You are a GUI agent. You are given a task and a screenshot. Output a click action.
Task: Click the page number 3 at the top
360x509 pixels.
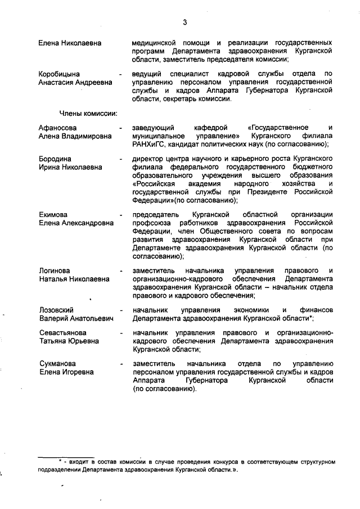(184, 22)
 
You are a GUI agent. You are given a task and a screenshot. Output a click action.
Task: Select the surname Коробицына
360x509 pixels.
(59, 74)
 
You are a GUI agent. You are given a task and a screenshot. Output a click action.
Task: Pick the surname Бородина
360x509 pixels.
(55, 159)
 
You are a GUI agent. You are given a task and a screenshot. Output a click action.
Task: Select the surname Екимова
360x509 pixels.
(53, 214)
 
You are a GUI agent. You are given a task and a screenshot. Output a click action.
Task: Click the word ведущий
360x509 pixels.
(147, 74)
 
